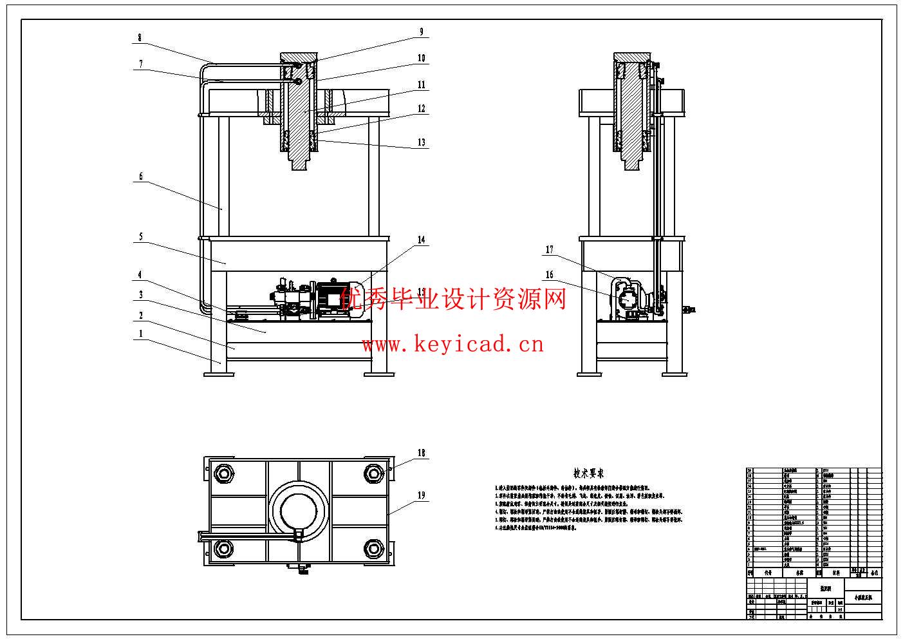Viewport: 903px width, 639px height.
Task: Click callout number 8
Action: coord(140,38)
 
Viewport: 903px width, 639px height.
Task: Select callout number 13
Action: coord(422,142)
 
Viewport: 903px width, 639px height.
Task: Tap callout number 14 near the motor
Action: coord(422,240)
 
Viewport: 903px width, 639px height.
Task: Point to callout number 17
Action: coord(550,250)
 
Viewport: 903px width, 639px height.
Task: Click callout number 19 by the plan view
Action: coord(422,495)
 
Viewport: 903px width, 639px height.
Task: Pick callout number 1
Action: coord(140,334)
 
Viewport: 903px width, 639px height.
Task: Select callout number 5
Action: coord(140,237)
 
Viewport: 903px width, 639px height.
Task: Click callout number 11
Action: coord(422,84)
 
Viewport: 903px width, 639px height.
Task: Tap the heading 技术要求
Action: coord(588,473)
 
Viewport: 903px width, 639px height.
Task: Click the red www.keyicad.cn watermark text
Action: coord(453,345)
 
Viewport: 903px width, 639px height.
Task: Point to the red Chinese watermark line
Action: coord(453,299)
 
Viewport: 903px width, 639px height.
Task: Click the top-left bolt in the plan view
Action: coord(224,473)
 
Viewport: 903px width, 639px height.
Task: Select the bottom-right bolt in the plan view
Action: coord(373,548)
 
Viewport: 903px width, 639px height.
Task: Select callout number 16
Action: coord(550,275)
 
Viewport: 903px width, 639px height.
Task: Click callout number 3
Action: coord(140,295)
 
